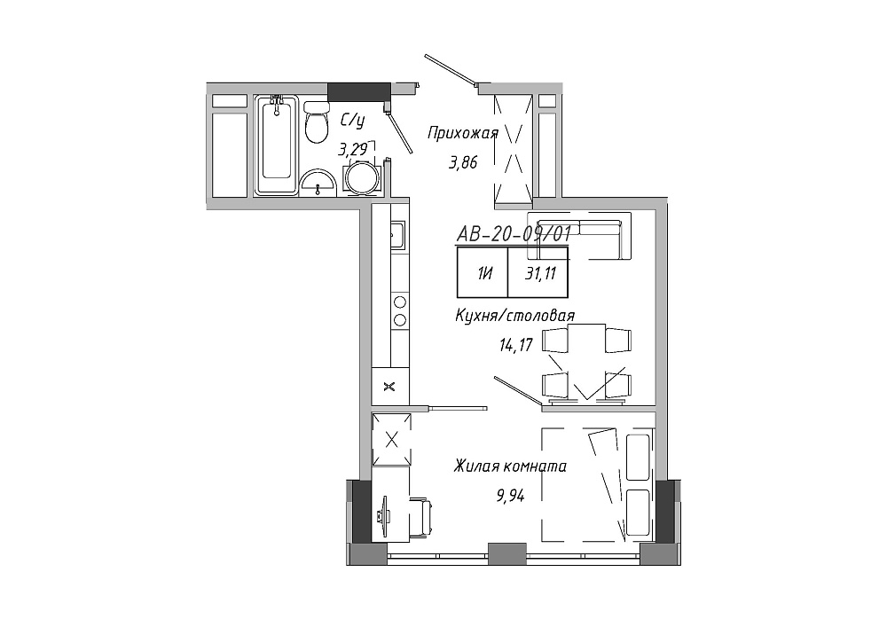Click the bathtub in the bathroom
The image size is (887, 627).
(x=276, y=145)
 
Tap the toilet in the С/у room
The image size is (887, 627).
(x=317, y=121)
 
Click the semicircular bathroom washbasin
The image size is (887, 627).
(x=318, y=183)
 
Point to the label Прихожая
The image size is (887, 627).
(x=463, y=134)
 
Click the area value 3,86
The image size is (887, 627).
(x=463, y=163)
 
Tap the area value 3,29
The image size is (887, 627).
(x=352, y=149)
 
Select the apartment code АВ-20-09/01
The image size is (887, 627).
(x=513, y=234)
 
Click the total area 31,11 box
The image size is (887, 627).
(x=538, y=272)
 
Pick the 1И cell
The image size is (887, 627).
(x=483, y=272)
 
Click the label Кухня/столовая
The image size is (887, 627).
(x=514, y=316)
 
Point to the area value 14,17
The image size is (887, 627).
(x=516, y=345)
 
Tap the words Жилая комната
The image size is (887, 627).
(x=510, y=466)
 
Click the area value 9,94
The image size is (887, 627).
(x=510, y=497)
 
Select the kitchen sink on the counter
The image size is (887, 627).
(x=397, y=235)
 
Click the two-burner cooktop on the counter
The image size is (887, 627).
(x=399, y=310)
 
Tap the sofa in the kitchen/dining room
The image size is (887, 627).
(x=579, y=236)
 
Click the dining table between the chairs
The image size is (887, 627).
(x=586, y=362)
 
